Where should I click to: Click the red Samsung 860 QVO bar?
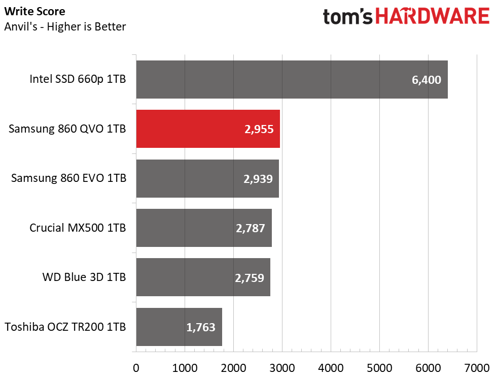click(208, 129)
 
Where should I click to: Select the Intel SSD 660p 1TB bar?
click(292, 80)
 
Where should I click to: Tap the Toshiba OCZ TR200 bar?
click(179, 327)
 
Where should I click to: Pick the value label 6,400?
click(427, 80)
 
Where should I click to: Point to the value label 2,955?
click(258, 129)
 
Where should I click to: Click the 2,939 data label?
click(257, 178)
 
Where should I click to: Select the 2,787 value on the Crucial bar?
click(250, 228)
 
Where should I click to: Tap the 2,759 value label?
click(250, 277)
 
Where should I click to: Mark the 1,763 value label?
click(201, 327)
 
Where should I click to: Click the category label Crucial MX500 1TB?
click(78, 228)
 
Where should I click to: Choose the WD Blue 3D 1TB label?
click(84, 277)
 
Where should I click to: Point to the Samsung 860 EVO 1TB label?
click(68, 178)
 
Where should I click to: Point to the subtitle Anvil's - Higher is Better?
click(65, 26)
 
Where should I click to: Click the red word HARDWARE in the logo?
click(432, 16)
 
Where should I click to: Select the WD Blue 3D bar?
click(203, 277)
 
